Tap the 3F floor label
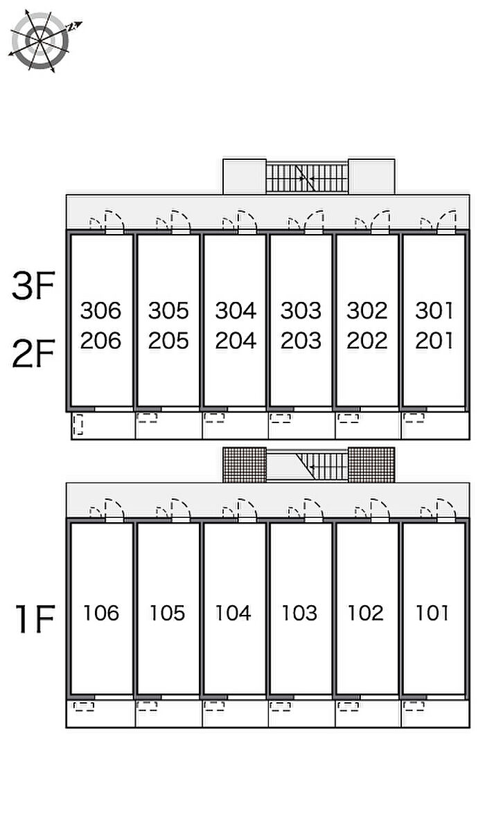point(33,286)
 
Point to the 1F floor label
point(34,618)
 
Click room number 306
point(100,310)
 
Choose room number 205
point(168,341)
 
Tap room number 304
point(236,310)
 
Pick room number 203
point(301,341)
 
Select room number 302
point(367,310)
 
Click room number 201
point(434,341)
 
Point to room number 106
point(100,613)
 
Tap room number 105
point(168,613)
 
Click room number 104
point(233,613)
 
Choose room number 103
point(300,613)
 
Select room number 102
point(366,613)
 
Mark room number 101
point(432,613)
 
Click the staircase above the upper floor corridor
point(307,178)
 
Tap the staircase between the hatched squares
point(307,466)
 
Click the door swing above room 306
point(111,221)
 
